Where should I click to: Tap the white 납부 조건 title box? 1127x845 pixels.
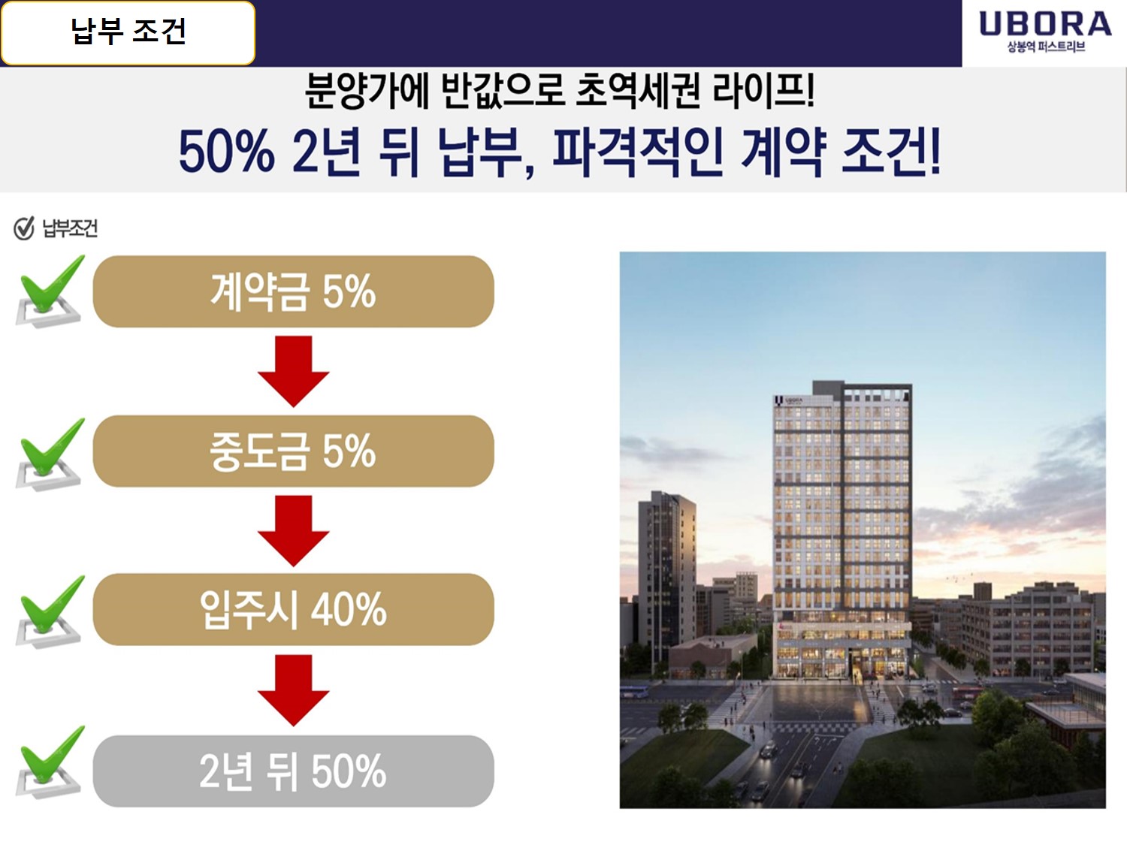(128, 33)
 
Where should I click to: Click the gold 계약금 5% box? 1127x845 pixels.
(293, 291)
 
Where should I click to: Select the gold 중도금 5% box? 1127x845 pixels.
(293, 451)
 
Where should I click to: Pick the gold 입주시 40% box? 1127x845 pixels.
(293, 609)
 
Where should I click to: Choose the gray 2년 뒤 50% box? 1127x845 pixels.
(293, 771)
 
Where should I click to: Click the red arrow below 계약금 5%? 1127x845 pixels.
(293, 372)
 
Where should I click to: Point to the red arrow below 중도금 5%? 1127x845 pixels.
(293, 531)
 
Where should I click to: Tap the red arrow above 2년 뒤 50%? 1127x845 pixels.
(293, 690)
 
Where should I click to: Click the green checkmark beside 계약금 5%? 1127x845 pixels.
(50, 291)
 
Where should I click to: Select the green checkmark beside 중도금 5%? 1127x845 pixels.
(50, 454)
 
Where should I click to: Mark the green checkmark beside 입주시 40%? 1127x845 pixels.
(50, 611)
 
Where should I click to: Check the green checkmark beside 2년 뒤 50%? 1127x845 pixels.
(50, 762)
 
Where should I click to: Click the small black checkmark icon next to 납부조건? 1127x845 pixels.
(23, 228)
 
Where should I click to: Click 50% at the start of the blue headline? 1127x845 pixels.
(226, 152)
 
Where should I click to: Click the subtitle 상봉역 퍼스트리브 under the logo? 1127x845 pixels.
(1046, 47)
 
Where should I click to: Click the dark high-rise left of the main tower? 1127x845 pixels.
(667, 575)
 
